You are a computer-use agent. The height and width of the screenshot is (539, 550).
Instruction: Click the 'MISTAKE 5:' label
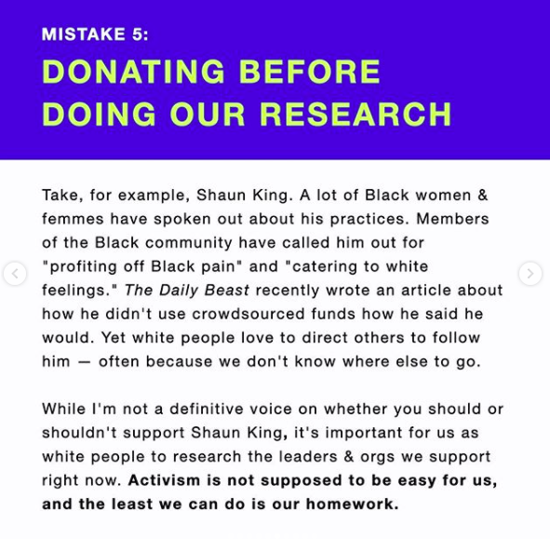(95, 34)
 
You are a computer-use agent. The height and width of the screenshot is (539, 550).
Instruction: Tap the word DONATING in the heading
(133, 72)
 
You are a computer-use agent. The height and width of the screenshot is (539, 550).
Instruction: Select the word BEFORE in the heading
(309, 72)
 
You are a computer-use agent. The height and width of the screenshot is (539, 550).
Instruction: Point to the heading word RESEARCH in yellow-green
(355, 115)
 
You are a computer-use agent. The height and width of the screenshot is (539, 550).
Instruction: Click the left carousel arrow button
(15, 274)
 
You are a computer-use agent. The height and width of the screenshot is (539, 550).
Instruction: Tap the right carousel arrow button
(530, 274)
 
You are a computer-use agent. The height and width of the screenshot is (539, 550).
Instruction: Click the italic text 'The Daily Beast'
(187, 290)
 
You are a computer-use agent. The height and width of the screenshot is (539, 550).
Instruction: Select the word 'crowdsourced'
(248, 314)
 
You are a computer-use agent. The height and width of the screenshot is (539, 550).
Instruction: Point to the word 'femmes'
(73, 219)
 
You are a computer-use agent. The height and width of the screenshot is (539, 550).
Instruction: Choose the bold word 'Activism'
(164, 480)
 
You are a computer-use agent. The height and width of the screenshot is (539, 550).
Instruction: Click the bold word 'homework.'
(352, 504)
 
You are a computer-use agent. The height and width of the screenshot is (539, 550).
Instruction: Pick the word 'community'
(189, 243)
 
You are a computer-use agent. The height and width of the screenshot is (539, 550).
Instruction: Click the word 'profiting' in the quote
(83, 267)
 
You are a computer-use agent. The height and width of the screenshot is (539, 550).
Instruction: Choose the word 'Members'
(452, 219)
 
